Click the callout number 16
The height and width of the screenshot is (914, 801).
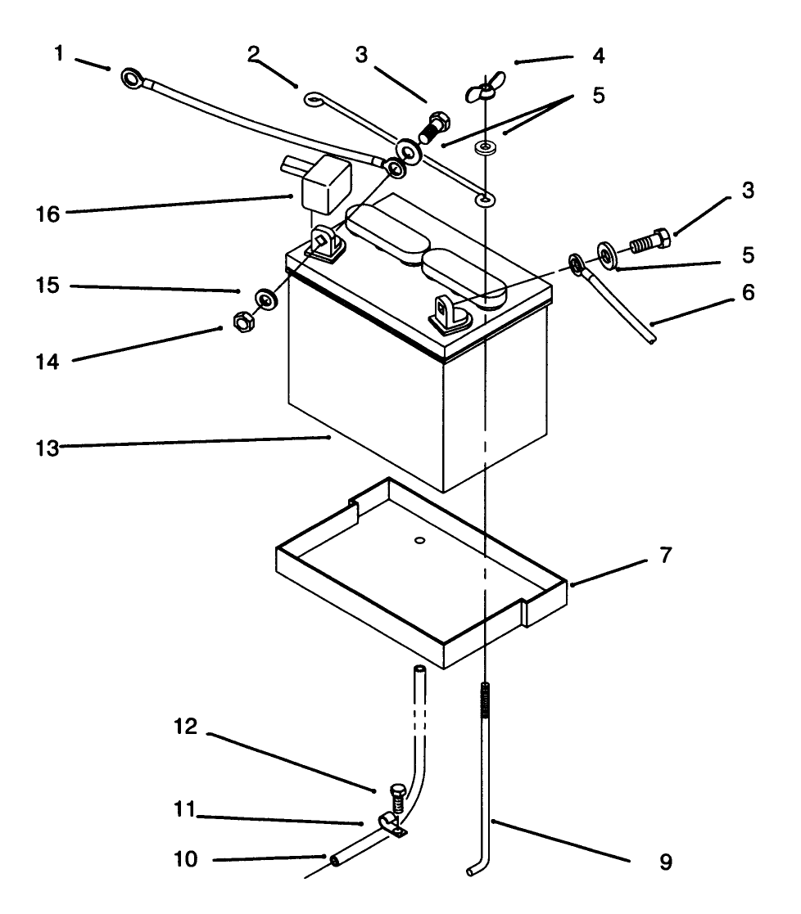[48, 214]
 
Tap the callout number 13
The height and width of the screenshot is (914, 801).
[48, 448]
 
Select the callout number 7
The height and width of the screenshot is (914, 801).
[666, 555]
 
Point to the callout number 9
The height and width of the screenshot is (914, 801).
[666, 862]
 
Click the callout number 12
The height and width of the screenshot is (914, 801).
[186, 727]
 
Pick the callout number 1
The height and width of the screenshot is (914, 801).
[58, 54]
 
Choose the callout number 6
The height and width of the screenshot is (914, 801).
[749, 292]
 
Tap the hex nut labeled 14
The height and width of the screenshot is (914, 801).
[243, 322]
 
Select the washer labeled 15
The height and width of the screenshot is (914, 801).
[266, 299]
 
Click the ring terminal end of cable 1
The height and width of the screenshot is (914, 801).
[133, 78]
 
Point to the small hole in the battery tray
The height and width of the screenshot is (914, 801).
[419, 540]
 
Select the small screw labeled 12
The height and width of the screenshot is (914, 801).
[397, 798]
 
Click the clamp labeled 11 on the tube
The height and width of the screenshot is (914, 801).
[391, 824]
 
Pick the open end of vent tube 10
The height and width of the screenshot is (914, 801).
[335, 860]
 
